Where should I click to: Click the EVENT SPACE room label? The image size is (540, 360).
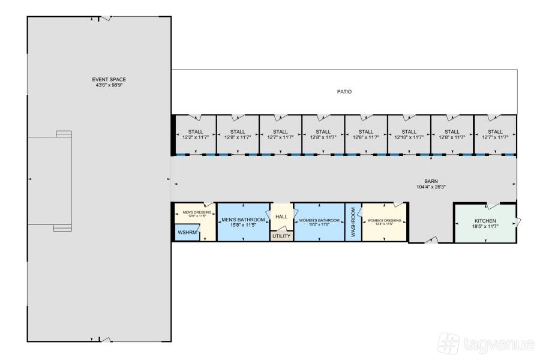click(109, 79)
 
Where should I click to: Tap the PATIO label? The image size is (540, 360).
click(344, 92)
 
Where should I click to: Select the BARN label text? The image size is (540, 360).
click(431, 181)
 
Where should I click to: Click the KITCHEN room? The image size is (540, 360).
click(485, 223)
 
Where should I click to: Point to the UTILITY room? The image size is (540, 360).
click(282, 236)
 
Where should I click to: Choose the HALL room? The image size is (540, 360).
click(281, 217)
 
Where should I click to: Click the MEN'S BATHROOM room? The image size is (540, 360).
click(243, 222)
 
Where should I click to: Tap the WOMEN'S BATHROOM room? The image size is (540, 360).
click(319, 222)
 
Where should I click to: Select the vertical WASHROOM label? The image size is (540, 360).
click(353, 222)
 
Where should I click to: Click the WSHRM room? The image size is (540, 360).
click(187, 233)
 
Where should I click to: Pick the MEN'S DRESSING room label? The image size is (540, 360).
click(197, 212)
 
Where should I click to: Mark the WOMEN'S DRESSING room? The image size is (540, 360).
click(385, 222)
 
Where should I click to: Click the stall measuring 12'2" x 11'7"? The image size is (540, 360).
click(196, 134)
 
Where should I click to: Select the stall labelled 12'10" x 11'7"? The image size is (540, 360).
click(409, 134)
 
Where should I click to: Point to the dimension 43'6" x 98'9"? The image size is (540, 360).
click(109, 85)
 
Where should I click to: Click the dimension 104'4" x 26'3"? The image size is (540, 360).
click(431, 187)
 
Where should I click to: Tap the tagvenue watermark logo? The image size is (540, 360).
click(486, 343)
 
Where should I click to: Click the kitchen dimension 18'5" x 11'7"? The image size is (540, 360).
click(485, 226)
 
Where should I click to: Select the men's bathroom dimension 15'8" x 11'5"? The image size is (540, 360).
click(243, 226)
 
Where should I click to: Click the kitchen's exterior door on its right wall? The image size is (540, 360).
click(518, 221)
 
